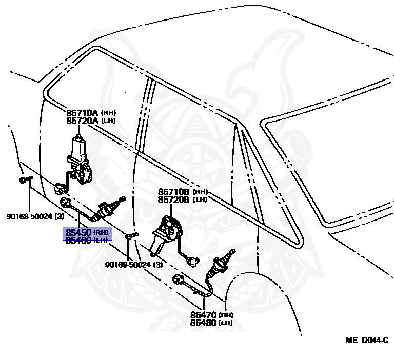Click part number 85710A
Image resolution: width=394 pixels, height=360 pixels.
pyautogui.click(x=83, y=112)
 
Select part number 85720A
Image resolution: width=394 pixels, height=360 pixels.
pyautogui.click(x=83, y=121)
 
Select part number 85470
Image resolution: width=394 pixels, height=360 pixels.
pyautogui.click(x=204, y=315)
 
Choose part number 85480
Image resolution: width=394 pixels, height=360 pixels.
pyautogui.click(x=204, y=323)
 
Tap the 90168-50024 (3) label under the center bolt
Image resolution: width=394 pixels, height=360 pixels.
pyautogui.click(x=133, y=265)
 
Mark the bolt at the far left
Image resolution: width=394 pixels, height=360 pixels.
pyautogui.click(x=25, y=179)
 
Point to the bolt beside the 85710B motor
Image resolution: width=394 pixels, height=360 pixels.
pyautogui.click(x=132, y=236)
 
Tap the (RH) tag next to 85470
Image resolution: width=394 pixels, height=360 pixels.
pyautogui.click(x=226, y=315)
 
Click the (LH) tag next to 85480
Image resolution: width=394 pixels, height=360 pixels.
pyautogui.click(x=225, y=323)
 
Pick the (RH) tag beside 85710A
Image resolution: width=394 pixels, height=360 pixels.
pyautogui.click(x=108, y=112)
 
